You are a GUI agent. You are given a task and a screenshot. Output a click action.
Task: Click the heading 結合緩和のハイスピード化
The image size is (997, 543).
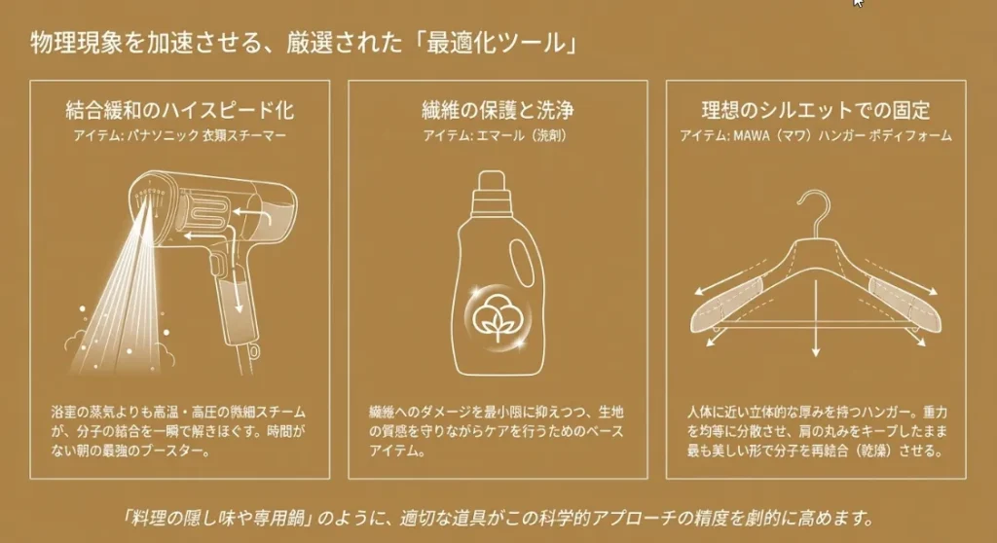pos(180,109)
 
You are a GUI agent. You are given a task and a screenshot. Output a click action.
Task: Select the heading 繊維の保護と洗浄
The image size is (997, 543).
pos(497,109)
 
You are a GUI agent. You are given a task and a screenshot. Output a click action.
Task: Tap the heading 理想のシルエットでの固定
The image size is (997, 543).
pos(816,109)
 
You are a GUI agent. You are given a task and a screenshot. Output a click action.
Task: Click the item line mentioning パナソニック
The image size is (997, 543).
pos(180,136)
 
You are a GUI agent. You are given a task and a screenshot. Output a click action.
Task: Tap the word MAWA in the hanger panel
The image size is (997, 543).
pos(747,136)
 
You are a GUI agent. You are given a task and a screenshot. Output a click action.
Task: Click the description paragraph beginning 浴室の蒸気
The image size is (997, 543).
pos(180,430)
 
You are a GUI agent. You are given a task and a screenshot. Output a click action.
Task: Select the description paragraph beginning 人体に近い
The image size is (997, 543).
pos(816,430)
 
